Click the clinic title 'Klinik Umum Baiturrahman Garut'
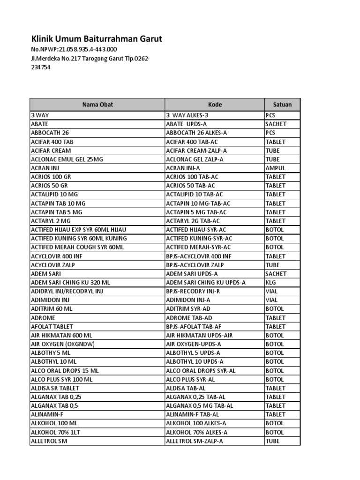[97, 39]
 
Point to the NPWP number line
[74, 49]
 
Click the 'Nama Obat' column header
[97, 105]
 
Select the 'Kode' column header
[215, 105]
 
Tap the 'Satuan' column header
[282, 105]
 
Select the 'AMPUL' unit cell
[275, 168]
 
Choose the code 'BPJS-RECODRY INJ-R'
[193, 291]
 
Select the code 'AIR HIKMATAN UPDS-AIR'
[199, 335]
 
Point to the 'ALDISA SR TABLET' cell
[55, 388]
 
